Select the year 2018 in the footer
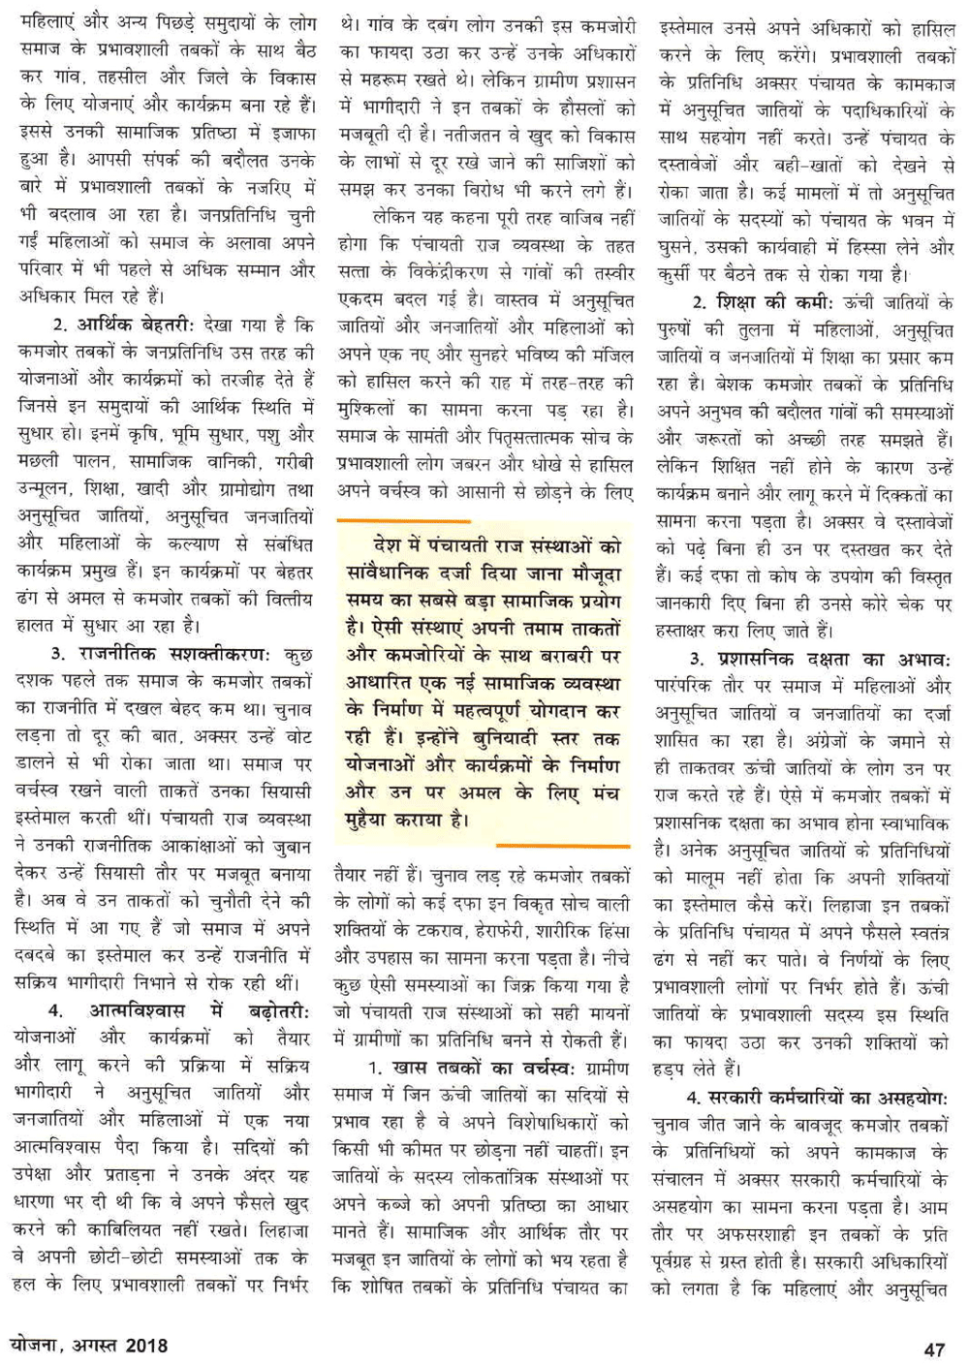(145, 1346)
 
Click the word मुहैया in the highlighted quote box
(377, 820)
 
